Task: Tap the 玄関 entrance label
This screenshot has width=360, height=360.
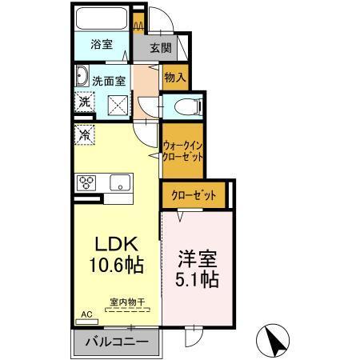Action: coord(162,47)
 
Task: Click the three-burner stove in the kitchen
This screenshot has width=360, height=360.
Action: coord(86,182)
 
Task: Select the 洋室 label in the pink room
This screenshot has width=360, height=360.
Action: coord(197,260)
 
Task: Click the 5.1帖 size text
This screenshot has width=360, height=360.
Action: coord(197,281)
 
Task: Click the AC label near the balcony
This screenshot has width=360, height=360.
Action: coord(86,315)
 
